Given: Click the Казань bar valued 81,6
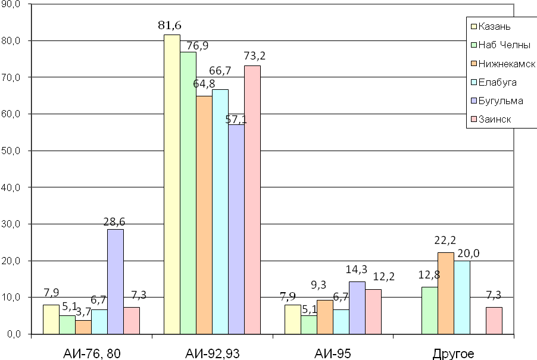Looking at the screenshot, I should [x=172, y=184].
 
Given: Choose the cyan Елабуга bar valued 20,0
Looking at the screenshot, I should [x=462, y=297].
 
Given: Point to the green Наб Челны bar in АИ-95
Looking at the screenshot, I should [x=309, y=324].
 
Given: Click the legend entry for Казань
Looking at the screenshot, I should [x=498, y=26].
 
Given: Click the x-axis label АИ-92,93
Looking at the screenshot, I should [x=213, y=354].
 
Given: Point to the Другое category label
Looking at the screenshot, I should [x=454, y=354].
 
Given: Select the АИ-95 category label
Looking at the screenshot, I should [x=333, y=354].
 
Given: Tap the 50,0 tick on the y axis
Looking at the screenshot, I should [x=11, y=151].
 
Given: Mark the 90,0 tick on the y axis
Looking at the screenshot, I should [x=11, y=4].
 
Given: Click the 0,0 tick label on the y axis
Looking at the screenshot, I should [x=14, y=334].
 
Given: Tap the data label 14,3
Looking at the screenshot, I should [x=356, y=268].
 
